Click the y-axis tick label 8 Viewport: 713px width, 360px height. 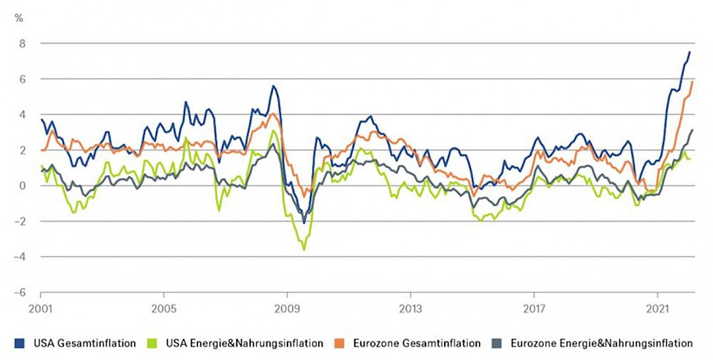[x=22, y=43]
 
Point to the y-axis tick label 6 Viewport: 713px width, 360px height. [x=22, y=79]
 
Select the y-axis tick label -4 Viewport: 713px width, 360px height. [x=20, y=257]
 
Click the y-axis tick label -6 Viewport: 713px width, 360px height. [x=20, y=292]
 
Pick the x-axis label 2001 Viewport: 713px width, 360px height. [x=40, y=307]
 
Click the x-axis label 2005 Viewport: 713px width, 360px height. [x=163, y=307]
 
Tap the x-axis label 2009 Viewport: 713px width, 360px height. [x=287, y=307]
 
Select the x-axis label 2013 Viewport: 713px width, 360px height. [x=411, y=307]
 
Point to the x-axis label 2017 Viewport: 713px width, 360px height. [x=534, y=307]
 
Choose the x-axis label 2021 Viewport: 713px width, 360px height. [x=657, y=307]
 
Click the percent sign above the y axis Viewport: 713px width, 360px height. [x=19, y=17]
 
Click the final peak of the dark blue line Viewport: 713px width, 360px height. [x=690, y=51]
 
